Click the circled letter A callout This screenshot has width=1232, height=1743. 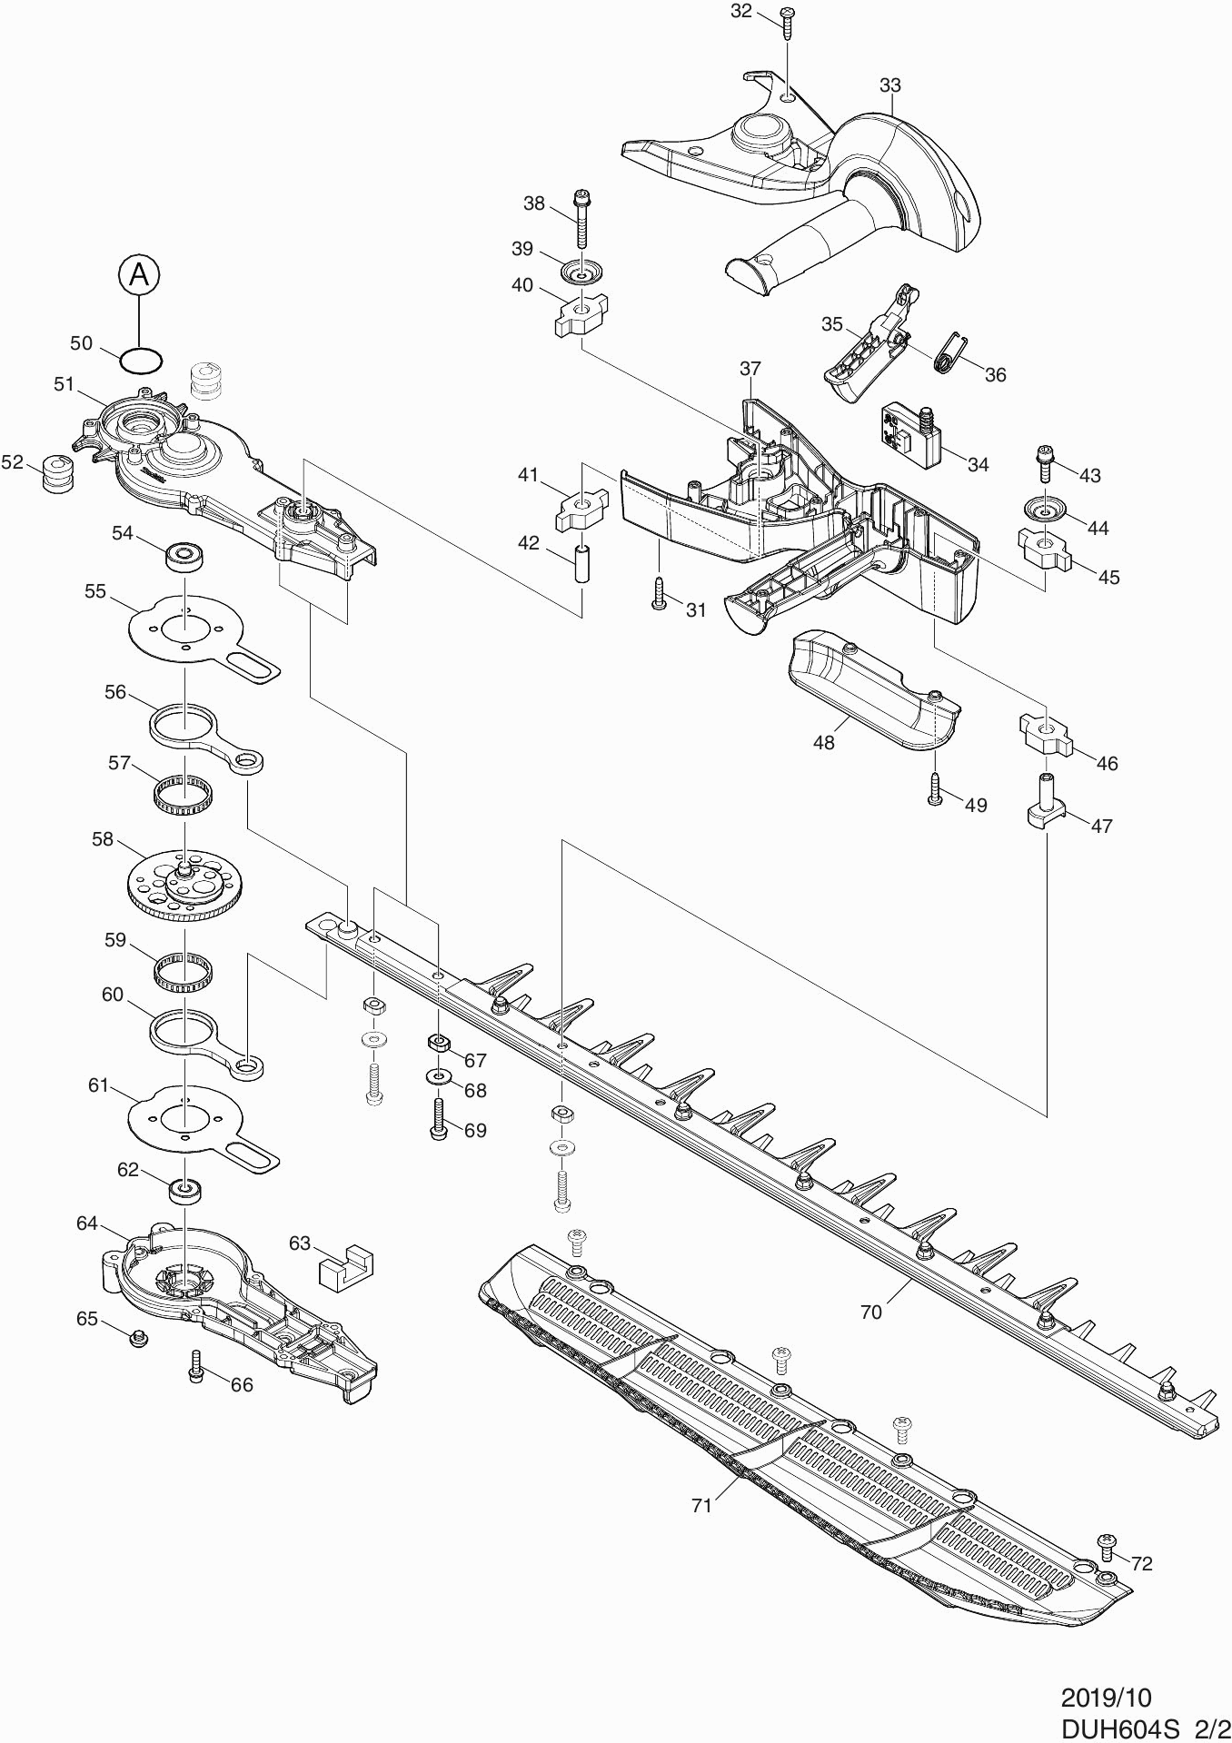tap(138, 273)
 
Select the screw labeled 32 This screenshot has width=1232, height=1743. tap(788, 21)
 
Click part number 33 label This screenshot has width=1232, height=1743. tap(890, 85)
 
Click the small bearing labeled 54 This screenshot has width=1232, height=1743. tap(184, 555)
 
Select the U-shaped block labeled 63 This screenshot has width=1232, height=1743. tap(346, 1265)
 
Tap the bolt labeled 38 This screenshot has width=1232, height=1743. tap(581, 220)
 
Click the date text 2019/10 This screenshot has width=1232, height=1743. tap(1106, 1698)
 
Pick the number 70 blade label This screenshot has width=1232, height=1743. tap(870, 1312)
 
